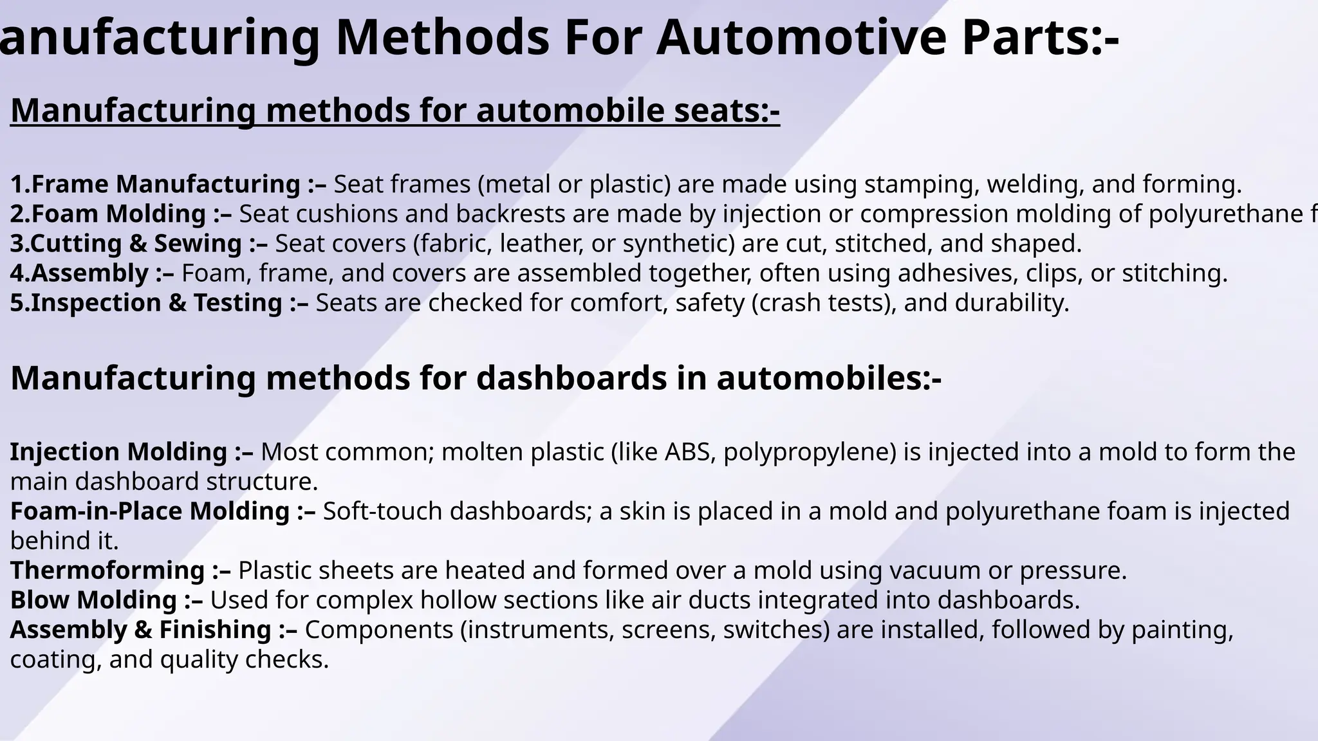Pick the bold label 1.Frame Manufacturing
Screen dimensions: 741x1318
(x=155, y=185)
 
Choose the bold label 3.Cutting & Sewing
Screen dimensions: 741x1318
(x=126, y=244)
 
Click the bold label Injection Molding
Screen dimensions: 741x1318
(x=118, y=452)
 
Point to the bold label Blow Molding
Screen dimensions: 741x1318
(x=93, y=600)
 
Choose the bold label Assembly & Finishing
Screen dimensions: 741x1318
(x=141, y=630)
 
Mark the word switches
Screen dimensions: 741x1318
(x=775, y=630)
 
